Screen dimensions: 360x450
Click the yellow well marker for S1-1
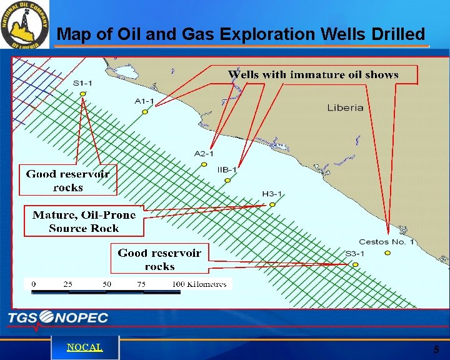click(83, 94)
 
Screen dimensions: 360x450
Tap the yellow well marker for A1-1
click(144, 112)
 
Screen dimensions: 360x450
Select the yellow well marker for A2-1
click(204, 164)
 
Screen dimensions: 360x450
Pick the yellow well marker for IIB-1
click(227, 181)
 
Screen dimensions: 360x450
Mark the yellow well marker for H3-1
click(272, 204)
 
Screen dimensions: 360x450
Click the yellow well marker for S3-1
click(355, 265)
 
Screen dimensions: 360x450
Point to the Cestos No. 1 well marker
click(387, 252)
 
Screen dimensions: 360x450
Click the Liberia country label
click(345, 107)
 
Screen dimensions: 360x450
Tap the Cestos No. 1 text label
click(386, 242)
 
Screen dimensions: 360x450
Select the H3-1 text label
click(272, 194)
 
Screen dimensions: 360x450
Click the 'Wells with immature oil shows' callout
click(313, 74)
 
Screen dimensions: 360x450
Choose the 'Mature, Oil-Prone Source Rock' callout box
click(84, 221)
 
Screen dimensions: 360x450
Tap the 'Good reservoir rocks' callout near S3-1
click(159, 259)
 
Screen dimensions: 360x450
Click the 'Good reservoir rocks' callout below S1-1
click(67, 181)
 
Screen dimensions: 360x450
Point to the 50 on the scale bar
click(107, 284)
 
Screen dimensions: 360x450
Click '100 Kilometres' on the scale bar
click(199, 284)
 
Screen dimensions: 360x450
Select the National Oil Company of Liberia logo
click(24, 25)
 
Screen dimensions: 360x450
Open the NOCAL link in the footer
click(84, 347)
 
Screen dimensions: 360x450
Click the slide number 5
click(436, 349)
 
